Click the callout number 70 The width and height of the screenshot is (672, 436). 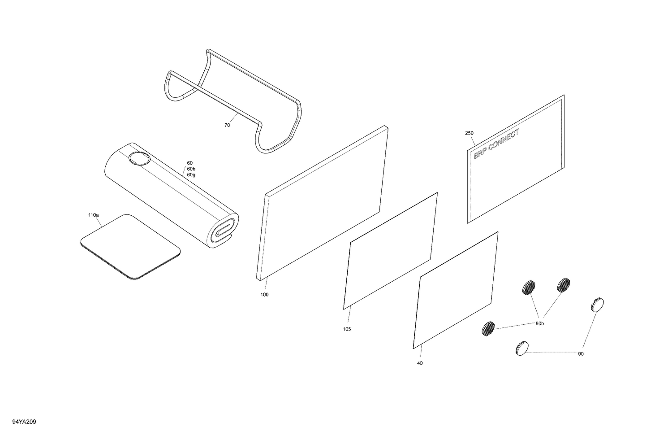[x=227, y=126]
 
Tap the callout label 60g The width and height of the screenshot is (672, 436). [x=191, y=175]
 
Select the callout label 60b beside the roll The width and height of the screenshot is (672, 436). [x=191, y=169]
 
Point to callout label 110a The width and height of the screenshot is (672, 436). [x=94, y=215]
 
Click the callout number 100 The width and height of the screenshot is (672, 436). [x=264, y=295]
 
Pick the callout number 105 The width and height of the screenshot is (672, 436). [x=347, y=329]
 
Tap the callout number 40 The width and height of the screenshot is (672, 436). [x=420, y=363]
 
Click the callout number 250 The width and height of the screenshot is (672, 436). [x=469, y=133]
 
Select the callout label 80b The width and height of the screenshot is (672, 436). [x=539, y=323]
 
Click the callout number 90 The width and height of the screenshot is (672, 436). [x=581, y=341]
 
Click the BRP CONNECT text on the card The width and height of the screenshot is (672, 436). [x=496, y=144]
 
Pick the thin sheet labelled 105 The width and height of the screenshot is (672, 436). [x=390, y=251]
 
